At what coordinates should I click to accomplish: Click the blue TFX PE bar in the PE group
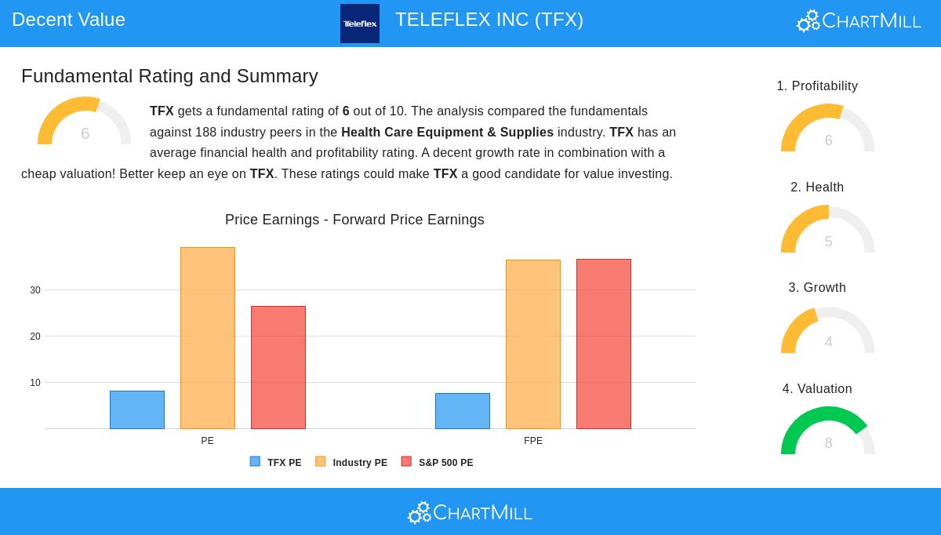(137, 409)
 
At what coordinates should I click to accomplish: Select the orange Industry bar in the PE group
(208, 338)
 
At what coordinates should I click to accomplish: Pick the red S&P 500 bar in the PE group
(278, 367)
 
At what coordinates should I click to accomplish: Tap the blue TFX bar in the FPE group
(463, 411)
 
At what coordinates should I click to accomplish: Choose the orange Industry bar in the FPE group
(533, 344)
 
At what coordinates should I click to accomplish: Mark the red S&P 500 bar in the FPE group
(604, 344)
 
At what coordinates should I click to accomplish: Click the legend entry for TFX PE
(276, 463)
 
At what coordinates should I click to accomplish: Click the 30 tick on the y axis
(35, 290)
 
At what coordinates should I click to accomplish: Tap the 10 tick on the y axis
(35, 383)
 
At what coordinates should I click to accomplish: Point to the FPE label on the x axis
(533, 441)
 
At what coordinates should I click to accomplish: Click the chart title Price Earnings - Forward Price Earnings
(354, 220)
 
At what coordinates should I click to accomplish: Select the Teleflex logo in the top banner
(360, 24)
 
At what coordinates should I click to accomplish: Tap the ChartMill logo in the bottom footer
(470, 513)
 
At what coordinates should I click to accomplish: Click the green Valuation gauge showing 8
(828, 431)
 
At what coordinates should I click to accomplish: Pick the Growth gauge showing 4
(828, 331)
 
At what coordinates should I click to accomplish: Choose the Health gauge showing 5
(828, 230)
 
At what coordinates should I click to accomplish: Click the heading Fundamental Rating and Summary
(169, 76)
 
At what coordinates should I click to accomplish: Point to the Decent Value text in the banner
(68, 20)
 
